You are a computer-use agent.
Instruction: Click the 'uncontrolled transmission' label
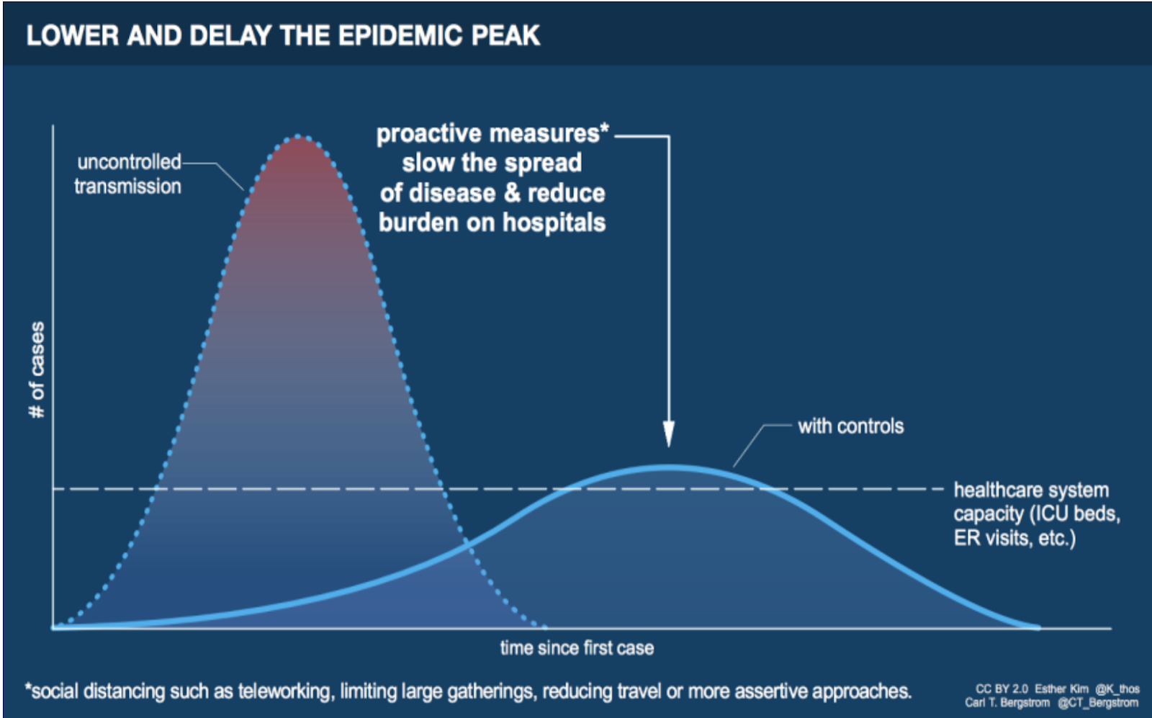(127, 174)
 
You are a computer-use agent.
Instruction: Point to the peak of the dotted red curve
(298, 136)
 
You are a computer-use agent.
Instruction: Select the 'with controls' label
(850, 426)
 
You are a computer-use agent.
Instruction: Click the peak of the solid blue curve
(667, 467)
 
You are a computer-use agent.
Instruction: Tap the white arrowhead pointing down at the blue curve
(669, 434)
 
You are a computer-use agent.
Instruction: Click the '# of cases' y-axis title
(37, 369)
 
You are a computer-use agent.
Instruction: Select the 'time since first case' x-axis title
(577, 648)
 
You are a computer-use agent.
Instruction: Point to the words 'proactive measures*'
(492, 134)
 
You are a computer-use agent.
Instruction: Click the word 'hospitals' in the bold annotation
(554, 223)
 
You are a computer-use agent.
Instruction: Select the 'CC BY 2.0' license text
(1002, 688)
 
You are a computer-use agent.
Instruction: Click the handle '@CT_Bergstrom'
(1098, 703)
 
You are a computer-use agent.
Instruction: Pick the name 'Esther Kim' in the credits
(1061, 688)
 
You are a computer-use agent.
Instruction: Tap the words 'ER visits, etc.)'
(1014, 539)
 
